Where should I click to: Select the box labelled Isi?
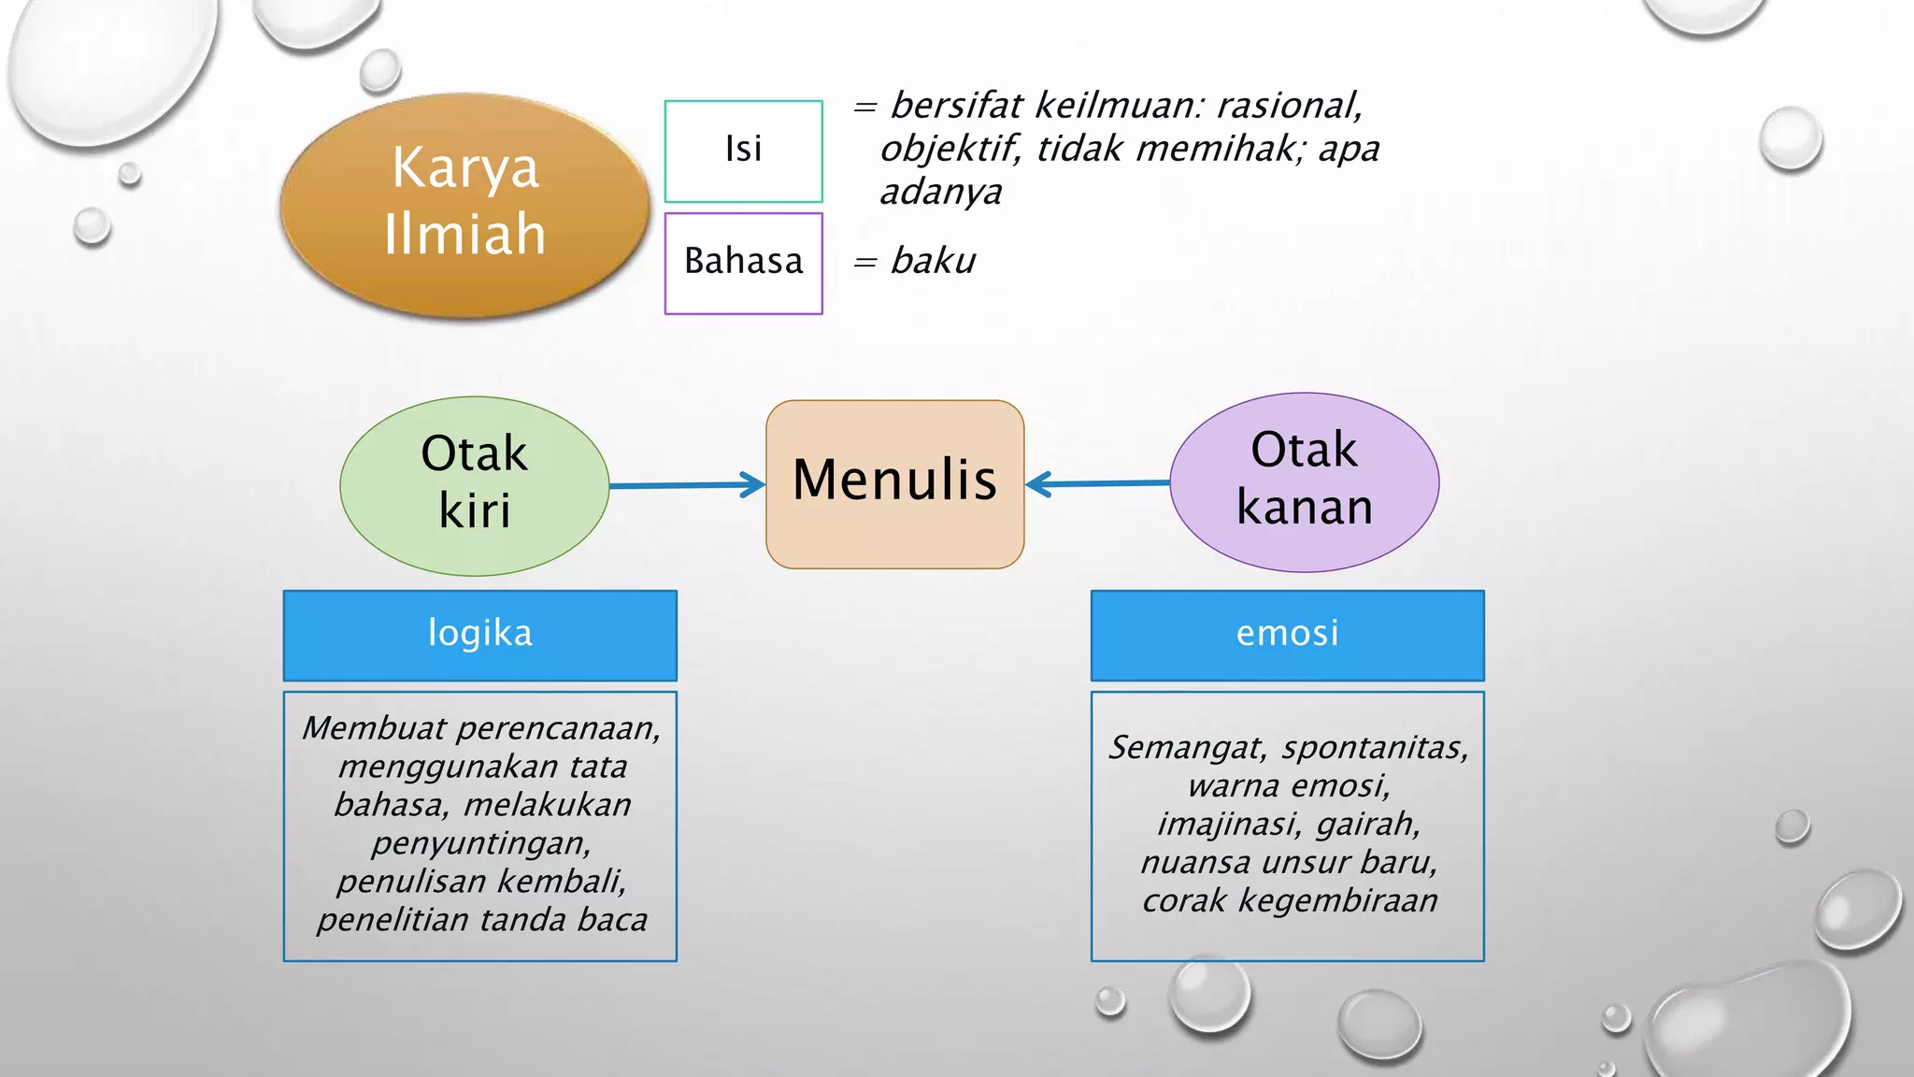[x=743, y=151]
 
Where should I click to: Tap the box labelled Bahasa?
[x=743, y=263]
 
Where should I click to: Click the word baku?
[x=933, y=261]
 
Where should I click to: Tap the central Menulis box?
[x=894, y=482]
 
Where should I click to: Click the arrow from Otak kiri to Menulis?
[x=687, y=485]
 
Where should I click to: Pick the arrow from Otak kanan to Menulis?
[x=1097, y=483]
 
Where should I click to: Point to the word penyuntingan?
[x=481, y=843]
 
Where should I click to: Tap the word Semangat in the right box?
[x=1187, y=748]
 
